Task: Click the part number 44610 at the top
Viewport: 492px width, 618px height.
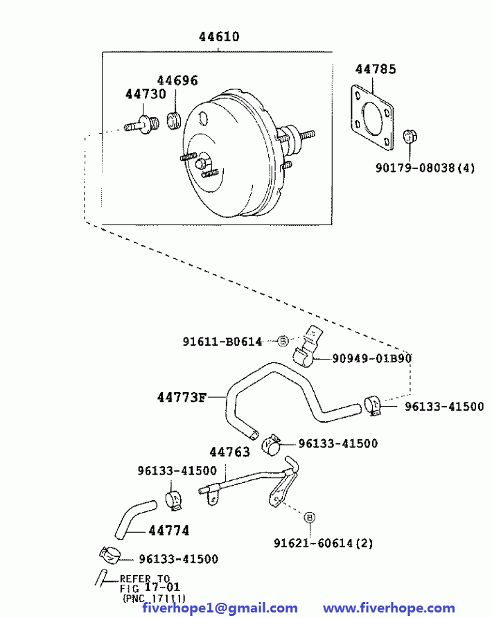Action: point(219,37)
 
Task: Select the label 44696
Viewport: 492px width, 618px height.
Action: point(177,80)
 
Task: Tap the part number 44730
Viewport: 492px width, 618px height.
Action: point(146,94)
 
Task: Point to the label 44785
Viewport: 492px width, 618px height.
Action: point(376,69)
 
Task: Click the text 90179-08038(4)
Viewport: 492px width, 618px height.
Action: point(425,168)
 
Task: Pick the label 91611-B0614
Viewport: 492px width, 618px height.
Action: point(222,342)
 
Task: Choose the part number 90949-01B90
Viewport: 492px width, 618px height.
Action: point(371,358)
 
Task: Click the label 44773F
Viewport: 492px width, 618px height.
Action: point(182,397)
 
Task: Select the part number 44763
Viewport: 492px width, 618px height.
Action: point(230,452)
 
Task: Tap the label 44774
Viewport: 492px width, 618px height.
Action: point(169,531)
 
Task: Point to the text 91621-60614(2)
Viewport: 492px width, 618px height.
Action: point(324,543)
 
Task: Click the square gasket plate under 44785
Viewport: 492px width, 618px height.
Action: point(372,118)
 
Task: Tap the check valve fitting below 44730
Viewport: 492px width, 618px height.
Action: point(142,124)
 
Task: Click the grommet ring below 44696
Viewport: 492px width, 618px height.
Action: point(174,121)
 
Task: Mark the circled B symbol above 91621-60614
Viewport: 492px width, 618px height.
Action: point(310,517)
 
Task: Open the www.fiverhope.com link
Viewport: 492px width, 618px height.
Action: point(389,608)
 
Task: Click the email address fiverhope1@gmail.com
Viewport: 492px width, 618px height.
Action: point(220,608)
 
